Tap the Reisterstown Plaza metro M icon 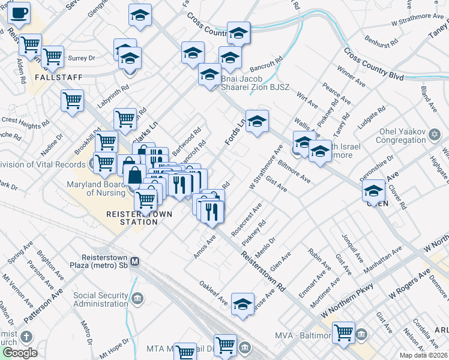coord(136,262)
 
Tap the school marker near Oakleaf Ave coord(243,305)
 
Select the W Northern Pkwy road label coord(348,301)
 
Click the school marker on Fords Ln coord(257,122)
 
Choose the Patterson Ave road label coord(43,307)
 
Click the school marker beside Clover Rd coord(373,191)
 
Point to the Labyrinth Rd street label coord(113,97)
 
